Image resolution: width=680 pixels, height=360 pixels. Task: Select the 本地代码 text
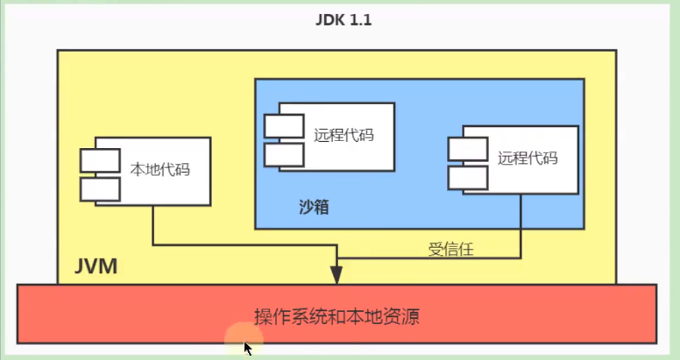click(159, 169)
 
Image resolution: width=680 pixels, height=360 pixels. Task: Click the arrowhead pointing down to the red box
click(337, 274)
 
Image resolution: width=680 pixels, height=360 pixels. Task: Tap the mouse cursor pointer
click(248, 348)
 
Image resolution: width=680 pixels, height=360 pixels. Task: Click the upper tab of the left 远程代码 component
click(283, 127)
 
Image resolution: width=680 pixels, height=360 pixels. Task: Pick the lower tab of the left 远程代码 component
click(283, 155)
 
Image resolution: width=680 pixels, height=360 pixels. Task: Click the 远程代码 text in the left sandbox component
click(343, 135)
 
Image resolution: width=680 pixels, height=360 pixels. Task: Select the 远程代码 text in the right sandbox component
click(527, 158)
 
